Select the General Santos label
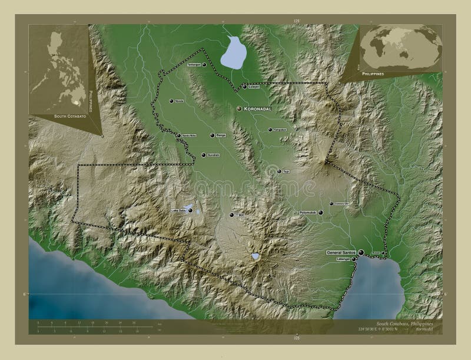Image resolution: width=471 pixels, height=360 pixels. coord(341,252)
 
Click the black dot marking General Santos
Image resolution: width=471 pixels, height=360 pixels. coord(360,252)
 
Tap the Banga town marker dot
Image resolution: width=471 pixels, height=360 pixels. coord(212,135)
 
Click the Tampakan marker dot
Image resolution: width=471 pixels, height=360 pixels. coord(270,130)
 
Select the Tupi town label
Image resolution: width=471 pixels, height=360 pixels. coord(287,172)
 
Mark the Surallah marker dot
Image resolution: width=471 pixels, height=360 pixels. coord(204,155)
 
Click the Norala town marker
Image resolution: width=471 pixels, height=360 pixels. coord(171,101)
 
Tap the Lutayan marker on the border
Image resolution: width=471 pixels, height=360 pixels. coord(244,86)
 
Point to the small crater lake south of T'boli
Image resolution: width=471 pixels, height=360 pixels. coord(256,256)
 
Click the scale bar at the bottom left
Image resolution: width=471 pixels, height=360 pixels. coord(94,325)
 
